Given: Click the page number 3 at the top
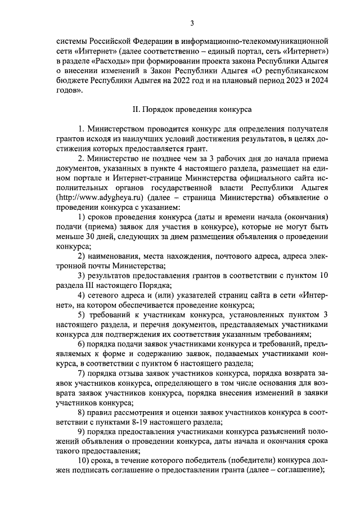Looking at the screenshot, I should coord(192,23).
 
